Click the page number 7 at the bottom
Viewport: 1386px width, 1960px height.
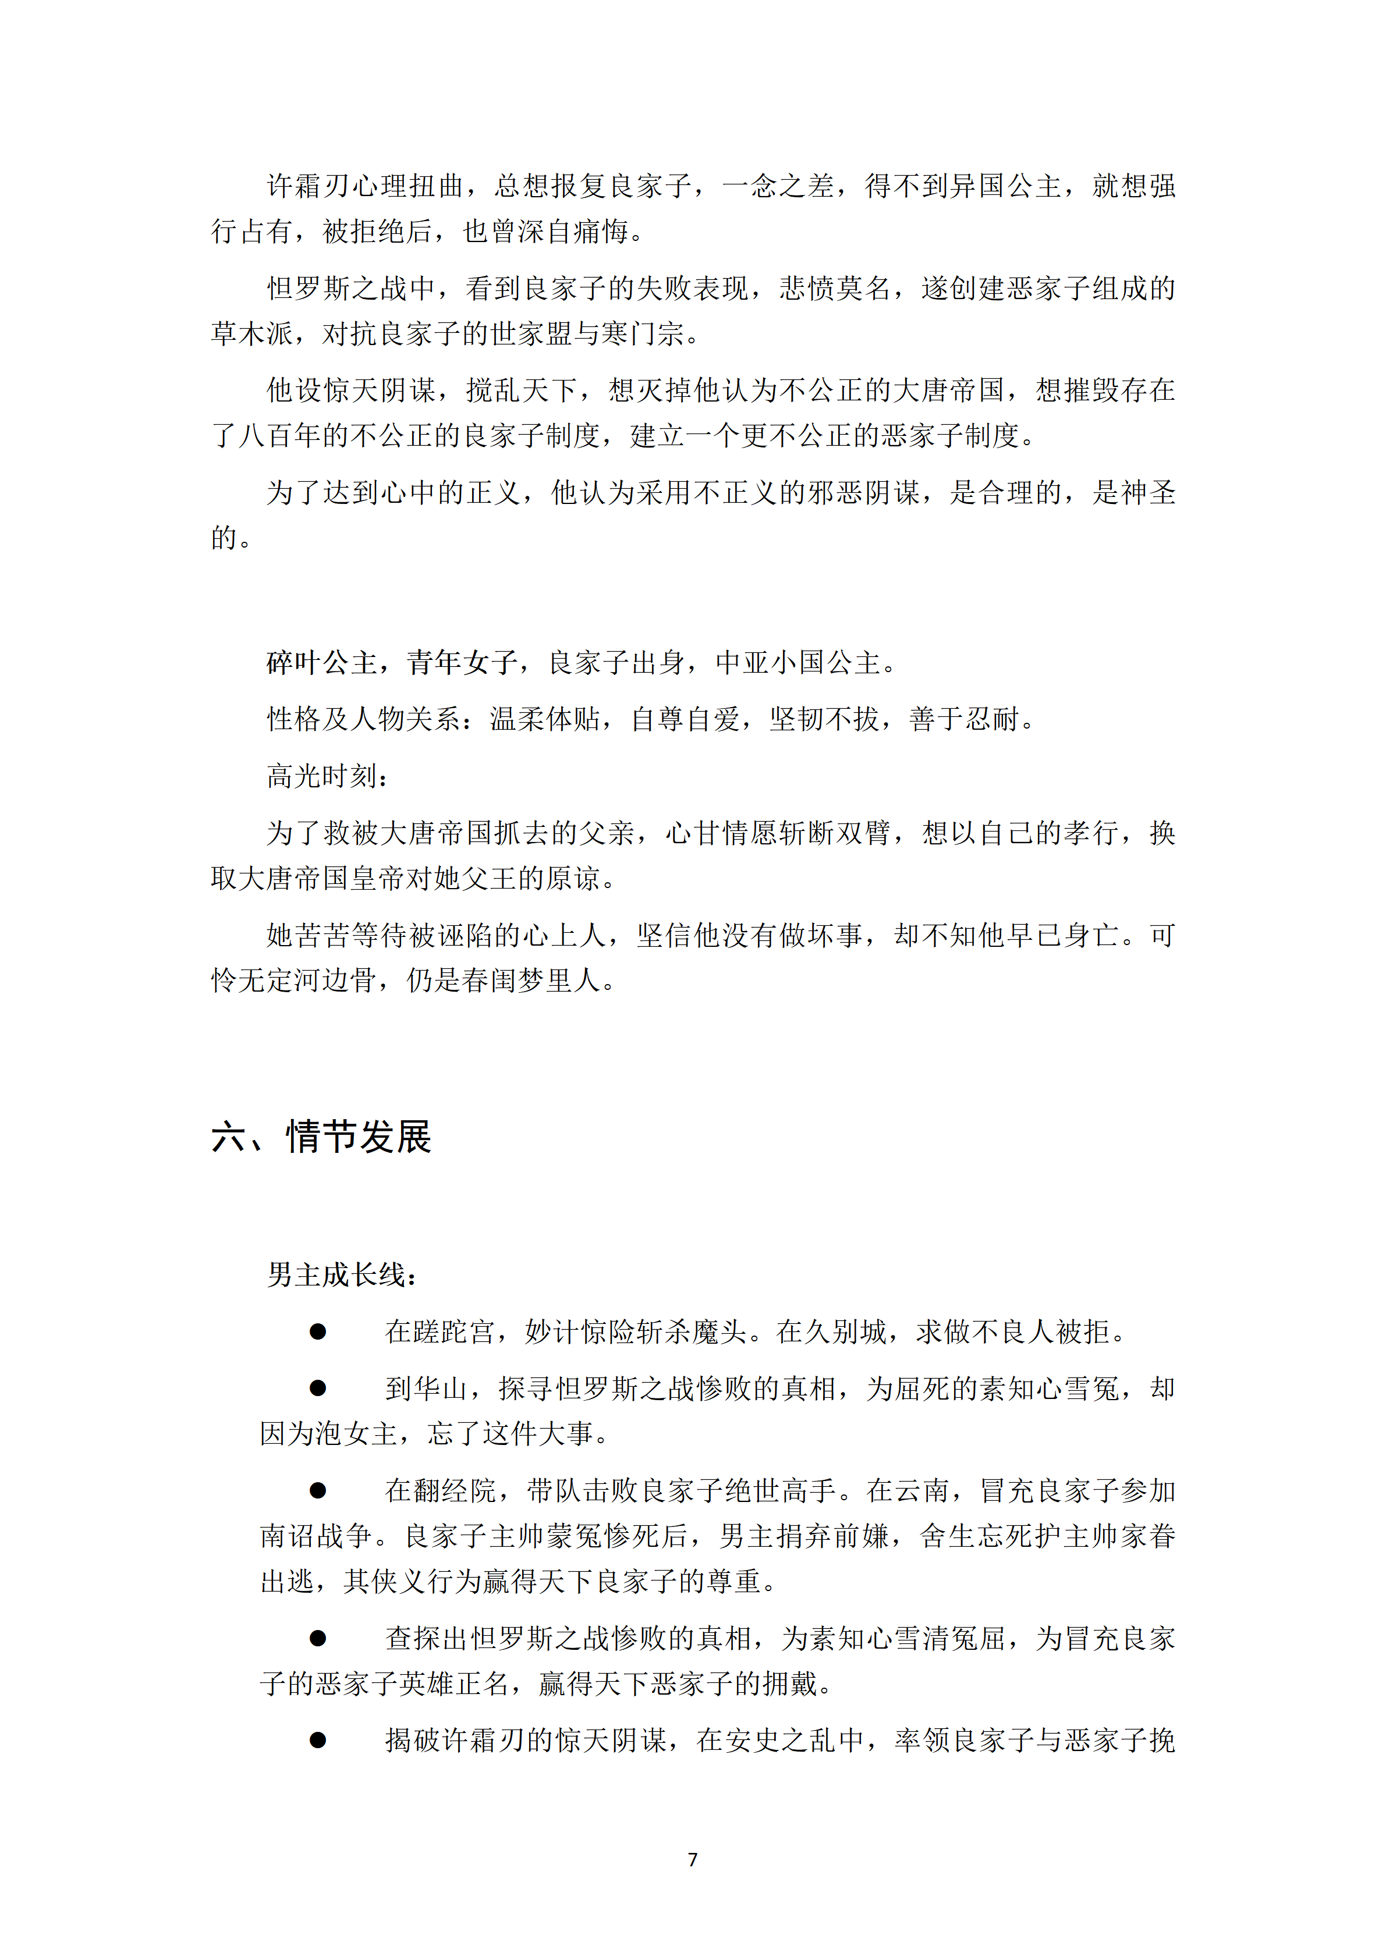693,1859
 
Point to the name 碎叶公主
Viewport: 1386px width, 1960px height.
322,662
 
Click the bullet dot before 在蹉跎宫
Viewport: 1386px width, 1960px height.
318,1331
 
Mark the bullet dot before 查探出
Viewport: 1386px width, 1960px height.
318,1638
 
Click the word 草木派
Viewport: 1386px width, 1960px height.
253,334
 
